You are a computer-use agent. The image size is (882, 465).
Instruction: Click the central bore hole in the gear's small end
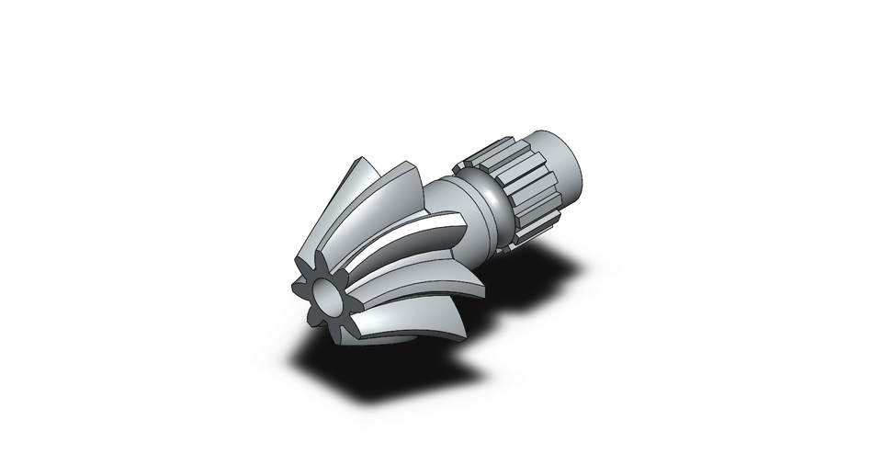pos(327,298)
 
